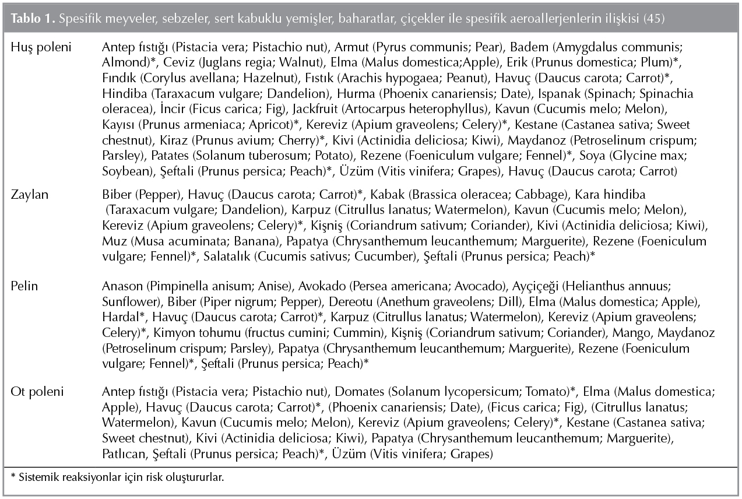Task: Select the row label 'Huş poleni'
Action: point(40,47)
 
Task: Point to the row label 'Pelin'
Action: point(25,286)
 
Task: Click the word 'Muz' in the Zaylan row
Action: point(112,241)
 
